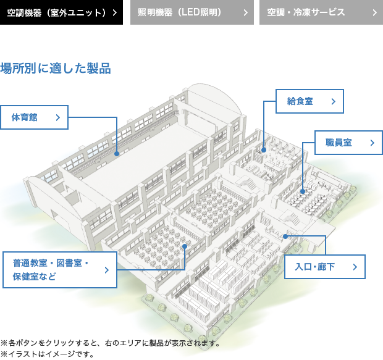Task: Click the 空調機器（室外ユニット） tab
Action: [x=61, y=12]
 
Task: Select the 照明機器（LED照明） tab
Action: [x=192, y=12]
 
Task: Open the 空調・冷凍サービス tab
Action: [x=321, y=12]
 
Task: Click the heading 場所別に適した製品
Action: [x=56, y=68]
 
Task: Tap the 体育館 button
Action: [x=34, y=117]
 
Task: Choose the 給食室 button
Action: [x=309, y=101]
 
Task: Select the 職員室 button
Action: [x=348, y=143]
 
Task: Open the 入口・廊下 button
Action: [x=325, y=267]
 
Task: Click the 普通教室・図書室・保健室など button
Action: [x=60, y=270]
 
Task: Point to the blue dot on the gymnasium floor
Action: [x=117, y=154]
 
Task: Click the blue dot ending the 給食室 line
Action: [x=264, y=150]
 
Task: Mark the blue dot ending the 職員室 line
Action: [x=303, y=191]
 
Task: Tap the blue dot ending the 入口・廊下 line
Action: [x=285, y=237]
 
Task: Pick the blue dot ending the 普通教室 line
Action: [x=185, y=246]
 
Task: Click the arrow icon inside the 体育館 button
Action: [x=58, y=117]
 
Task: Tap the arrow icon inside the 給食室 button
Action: [x=334, y=101]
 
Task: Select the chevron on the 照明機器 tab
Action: [x=246, y=13]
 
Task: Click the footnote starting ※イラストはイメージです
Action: [x=48, y=354]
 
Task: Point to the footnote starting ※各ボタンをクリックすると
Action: [x=111, y=343]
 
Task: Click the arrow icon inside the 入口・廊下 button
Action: [x=355, y=267]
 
